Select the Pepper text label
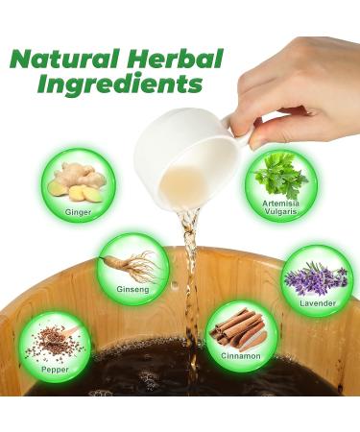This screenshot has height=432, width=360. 56,366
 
